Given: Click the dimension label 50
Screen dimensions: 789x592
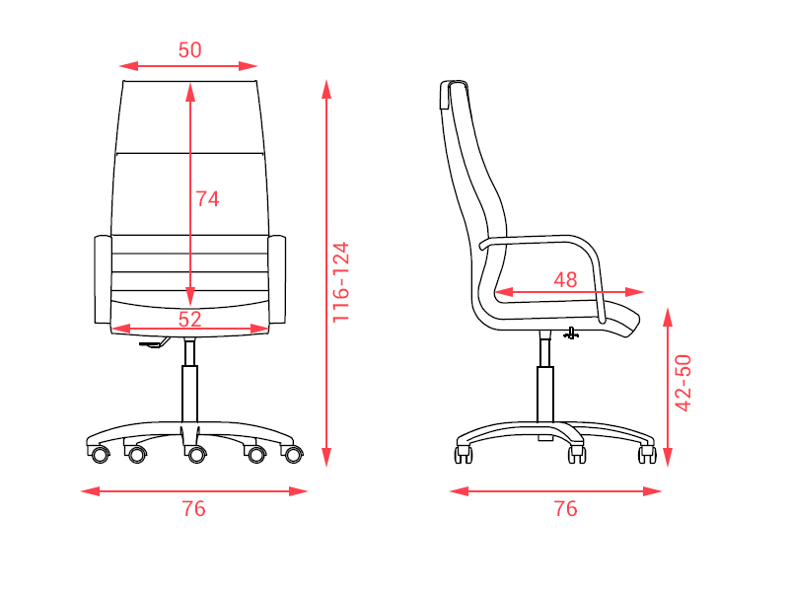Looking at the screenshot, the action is [189, 50].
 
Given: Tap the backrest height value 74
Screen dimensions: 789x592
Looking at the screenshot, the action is [207, 199].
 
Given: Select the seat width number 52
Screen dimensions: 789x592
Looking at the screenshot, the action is [189, 319].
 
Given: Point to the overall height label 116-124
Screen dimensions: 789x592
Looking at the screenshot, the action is [340, 282].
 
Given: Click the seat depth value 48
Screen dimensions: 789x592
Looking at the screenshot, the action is [565, 280].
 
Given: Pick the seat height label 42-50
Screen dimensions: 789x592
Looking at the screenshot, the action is [682, 383].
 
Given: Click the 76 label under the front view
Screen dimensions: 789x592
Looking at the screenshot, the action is [193, 509].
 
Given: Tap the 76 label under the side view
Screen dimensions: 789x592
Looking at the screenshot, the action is [565, 509].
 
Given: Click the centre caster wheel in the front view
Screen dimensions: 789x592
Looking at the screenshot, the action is [195, 454].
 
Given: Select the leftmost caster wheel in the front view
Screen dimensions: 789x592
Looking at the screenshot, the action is [100, 455].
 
